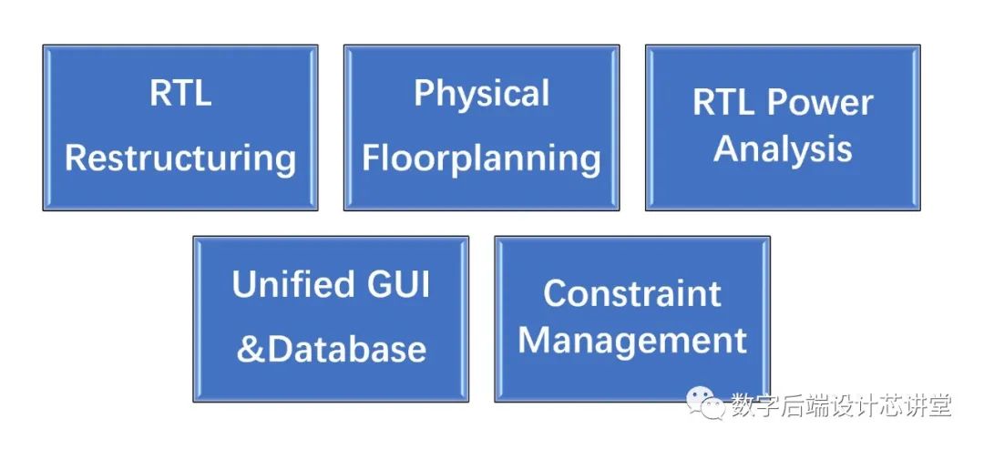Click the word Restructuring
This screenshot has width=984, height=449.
coord(180,158)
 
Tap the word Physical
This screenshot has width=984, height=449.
coord(482,94)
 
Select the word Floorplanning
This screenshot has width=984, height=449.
coord(482,158)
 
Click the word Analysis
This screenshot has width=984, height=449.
coord(783,148)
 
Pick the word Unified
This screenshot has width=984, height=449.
coord(280,285)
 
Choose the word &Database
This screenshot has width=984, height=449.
coord(332,349)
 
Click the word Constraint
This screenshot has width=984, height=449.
coord(632,293)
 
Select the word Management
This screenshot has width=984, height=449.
coord(632,341)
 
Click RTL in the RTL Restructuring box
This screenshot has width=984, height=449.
coord(180,94)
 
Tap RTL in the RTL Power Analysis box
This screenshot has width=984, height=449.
coord(723,102)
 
